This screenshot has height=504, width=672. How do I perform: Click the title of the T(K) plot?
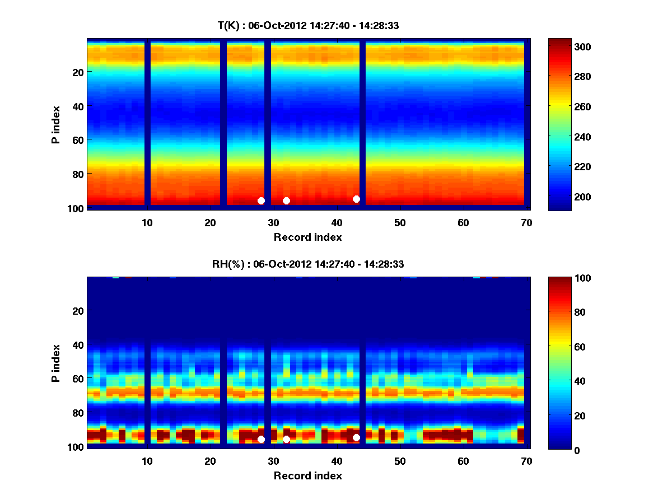(x=308, y=25)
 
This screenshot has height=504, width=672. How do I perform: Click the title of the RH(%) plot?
(x=308, y=264)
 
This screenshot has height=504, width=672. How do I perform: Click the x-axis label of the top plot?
(x=308, y=237)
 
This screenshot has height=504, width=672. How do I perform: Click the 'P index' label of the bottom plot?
(x=55, y=363)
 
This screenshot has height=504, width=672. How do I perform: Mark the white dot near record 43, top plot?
(x=356, y=199)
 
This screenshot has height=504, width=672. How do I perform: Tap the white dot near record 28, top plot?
(x=261, y=200)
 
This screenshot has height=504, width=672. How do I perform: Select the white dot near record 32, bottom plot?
(x=286, y=439)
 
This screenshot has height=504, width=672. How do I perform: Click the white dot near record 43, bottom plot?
(x=356, y=437)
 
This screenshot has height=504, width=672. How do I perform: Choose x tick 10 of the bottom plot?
(x=147, y=461)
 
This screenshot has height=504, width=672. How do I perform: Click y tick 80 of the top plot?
(x=77, y=174)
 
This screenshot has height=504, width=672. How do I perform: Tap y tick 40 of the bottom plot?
(x=77, y=344)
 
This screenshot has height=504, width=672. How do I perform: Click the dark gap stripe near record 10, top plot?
(x=148, y=123)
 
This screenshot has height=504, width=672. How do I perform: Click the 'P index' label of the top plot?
(x=55, y=124)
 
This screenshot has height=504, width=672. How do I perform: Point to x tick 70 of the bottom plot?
(x=526, y=461)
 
